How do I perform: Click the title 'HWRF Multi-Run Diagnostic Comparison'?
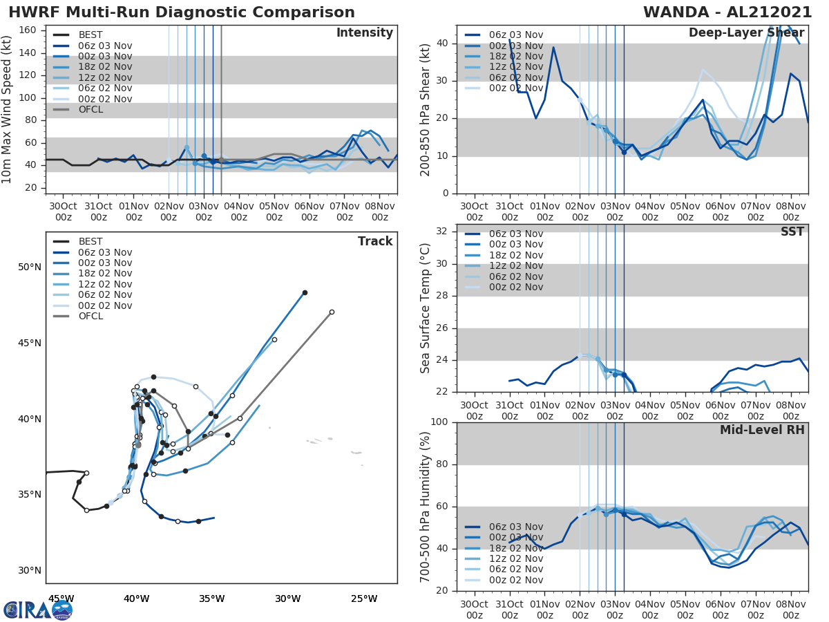click(182, 12)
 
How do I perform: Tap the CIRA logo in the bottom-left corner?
click(38, 610)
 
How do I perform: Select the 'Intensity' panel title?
click(364, 33)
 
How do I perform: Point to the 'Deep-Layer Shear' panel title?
click(746, 33)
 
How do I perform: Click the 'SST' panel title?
click(792, 232)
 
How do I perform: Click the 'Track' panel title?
click(374, 241)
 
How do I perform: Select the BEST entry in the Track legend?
click(91, 242)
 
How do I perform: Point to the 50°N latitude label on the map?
click(30, 267)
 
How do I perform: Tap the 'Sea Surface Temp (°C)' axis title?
click(426, 308)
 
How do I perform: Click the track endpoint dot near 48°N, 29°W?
click(305, 292)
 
